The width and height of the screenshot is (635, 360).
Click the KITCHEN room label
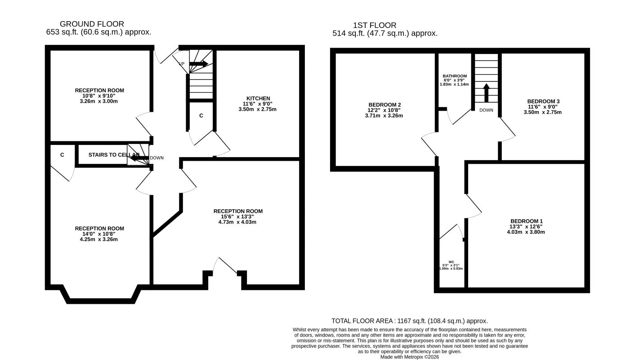(x=258, y=99)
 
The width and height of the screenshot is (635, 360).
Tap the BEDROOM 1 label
(x=527, y=221)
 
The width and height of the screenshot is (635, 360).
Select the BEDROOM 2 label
(x=385, y=105)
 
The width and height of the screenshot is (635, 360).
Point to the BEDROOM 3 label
(x=543, y=101)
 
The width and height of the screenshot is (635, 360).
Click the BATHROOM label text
(x=454, y=76)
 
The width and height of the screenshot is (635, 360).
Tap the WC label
(x=452, y=262)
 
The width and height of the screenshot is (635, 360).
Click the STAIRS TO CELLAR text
(x=114, y=155)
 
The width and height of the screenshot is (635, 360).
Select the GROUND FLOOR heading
(x=92, y=24)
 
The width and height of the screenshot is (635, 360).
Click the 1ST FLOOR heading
(x=375, y=25)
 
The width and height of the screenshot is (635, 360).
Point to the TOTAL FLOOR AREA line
(x=410, y=321)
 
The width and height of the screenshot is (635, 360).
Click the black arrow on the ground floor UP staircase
(x=199, y=63)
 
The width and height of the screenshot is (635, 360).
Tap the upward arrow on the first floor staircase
(x=487, y=93)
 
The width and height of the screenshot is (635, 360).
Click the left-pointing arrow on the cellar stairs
(x=139, y=158)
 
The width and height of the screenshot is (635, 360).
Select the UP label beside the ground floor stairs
(x=181, y=63)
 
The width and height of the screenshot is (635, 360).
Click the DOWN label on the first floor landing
(x=486, y=110)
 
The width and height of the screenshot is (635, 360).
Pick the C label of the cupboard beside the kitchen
(x=201, y=116)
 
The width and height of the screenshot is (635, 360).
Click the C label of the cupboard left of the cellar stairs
(x=62, y=155)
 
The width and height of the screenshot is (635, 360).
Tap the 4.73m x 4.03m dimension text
(x=237, y=222)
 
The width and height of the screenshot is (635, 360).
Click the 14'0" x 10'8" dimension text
(x=99, y=234)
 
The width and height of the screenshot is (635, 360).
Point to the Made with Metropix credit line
(x=410, y=357)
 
